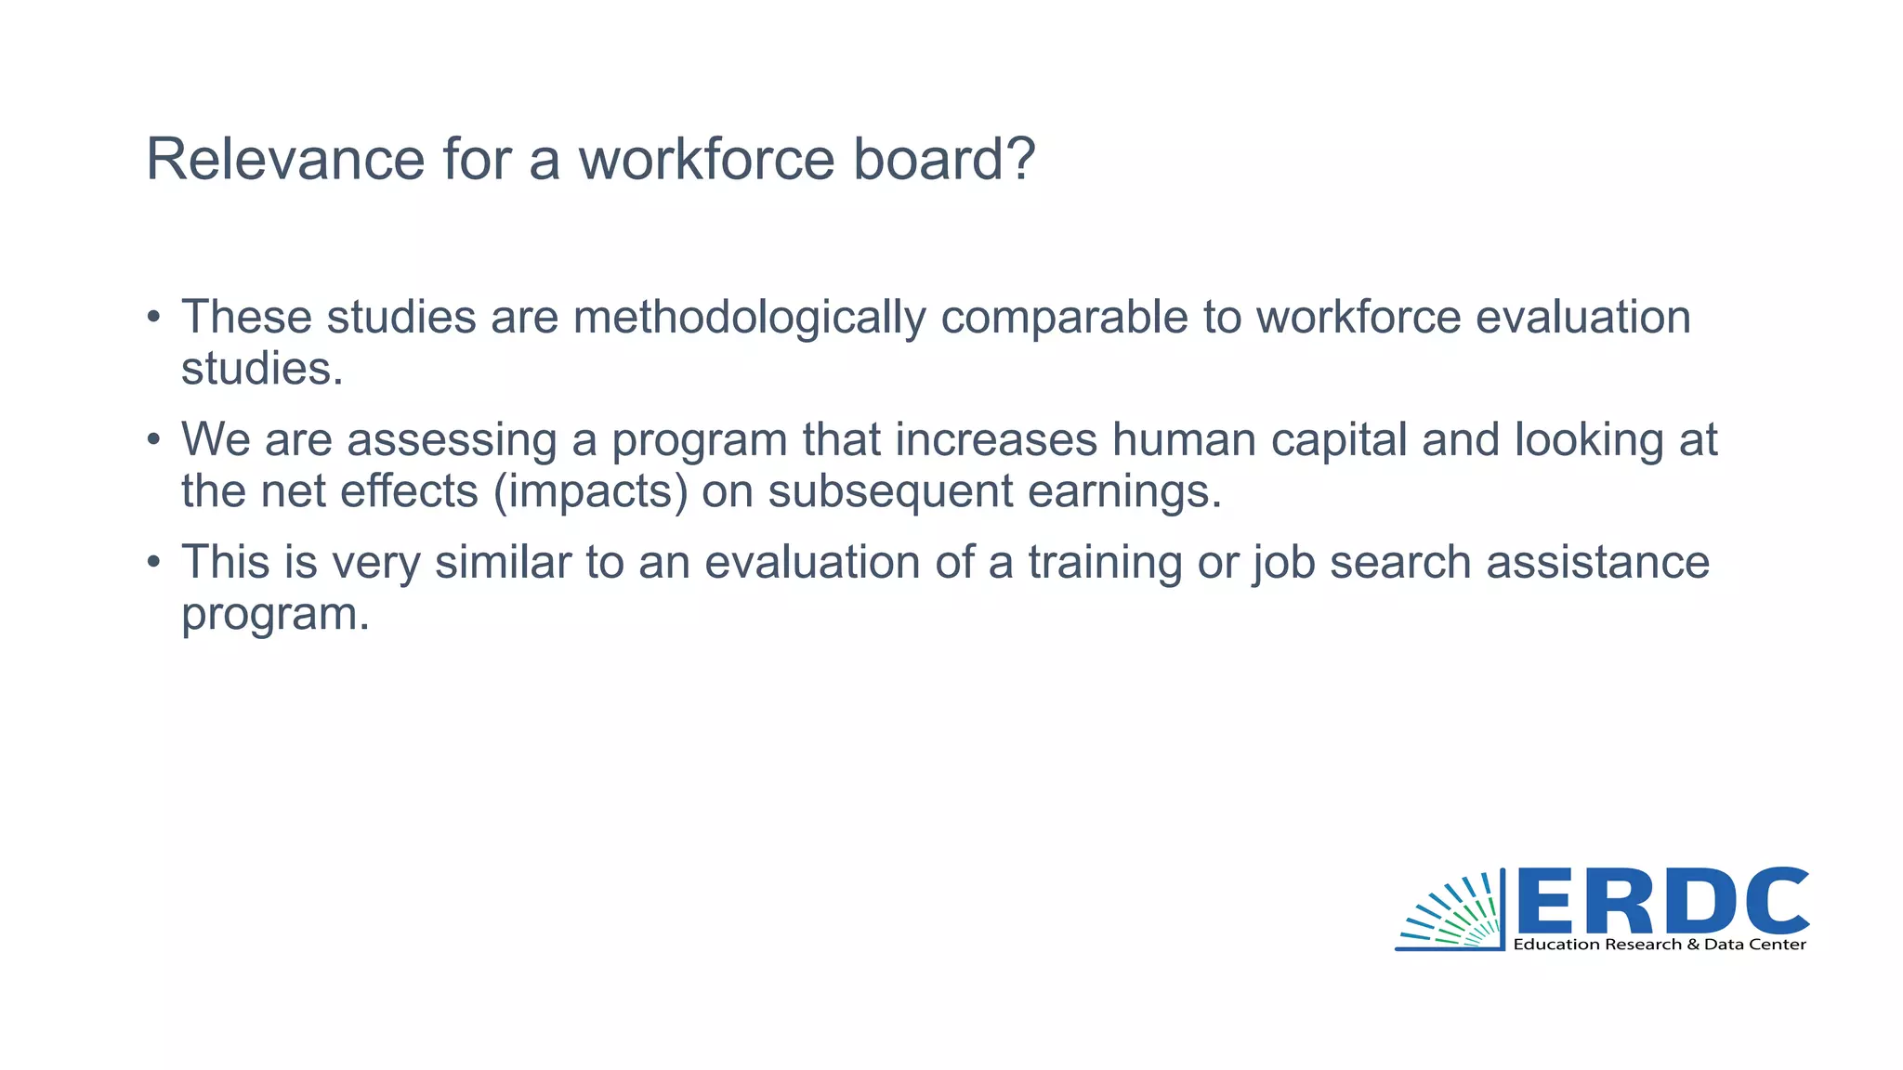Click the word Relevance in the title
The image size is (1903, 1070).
pos(285,159)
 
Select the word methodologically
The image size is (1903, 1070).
pos(749,317)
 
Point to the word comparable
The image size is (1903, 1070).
pos(1065,317)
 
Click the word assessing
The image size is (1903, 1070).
pos(452,439)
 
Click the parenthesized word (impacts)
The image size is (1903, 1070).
pos(591,491)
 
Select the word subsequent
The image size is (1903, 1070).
pos(890,491)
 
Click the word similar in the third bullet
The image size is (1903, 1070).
pos(503,562)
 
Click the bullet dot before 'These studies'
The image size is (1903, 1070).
pos(154,317)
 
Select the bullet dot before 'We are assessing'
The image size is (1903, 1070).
pos(154,439)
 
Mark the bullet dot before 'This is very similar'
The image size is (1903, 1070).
pos(154,562)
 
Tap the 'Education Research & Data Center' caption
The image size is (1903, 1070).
pos(1660,945)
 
